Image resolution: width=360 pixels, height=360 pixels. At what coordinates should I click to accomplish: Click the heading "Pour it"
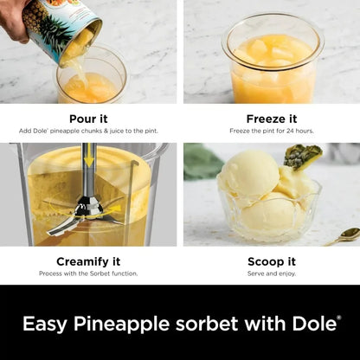point(88,119)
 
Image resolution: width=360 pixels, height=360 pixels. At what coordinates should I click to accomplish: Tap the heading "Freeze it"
point(272,119)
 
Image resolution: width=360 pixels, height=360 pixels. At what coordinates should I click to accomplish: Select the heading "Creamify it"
point(88,261)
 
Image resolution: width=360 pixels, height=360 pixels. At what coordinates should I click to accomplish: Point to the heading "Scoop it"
point(272,261)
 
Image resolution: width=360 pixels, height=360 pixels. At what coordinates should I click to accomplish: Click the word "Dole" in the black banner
point(314,324)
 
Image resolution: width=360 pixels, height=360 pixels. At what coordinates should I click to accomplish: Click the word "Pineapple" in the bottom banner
point(121,325)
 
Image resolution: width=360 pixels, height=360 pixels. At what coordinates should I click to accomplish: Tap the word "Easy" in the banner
point(45,325)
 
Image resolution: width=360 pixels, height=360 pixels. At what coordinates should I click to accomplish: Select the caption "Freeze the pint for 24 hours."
point(272,131)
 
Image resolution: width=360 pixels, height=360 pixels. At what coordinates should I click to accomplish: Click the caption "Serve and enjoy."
point(272,273)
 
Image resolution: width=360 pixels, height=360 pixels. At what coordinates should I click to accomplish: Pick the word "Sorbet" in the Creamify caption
point(100,273)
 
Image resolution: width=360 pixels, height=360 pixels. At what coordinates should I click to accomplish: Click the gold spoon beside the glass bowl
point(344,236)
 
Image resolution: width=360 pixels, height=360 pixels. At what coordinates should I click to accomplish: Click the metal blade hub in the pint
point(87,207)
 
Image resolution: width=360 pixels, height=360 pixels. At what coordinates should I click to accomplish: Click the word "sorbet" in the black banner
point(207,324)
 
